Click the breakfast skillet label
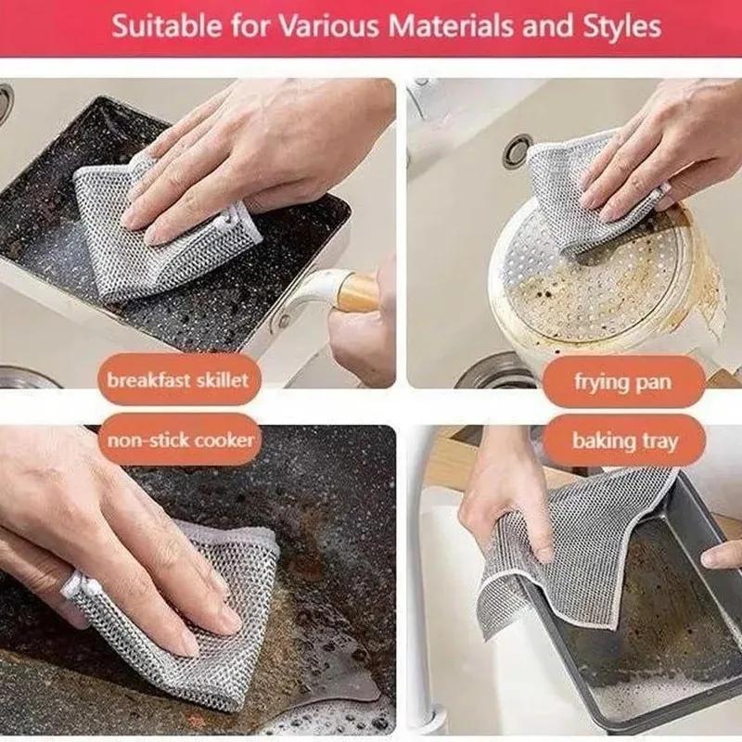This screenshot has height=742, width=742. tap(177, 380)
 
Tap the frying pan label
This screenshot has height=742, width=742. tap(622, 381)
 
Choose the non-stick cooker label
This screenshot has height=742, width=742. tap(180, 439)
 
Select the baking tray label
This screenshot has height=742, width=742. tap(624, 441)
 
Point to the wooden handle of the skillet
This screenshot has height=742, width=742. tap(356, 292)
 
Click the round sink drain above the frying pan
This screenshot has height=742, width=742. tap(518, 151)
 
